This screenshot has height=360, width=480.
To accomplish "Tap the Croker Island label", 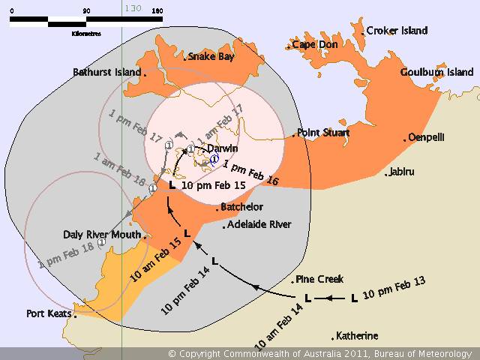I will coord(397,31).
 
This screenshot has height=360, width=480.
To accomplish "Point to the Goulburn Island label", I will coord(436,72).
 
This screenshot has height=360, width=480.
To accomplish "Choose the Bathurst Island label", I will coord(106,72).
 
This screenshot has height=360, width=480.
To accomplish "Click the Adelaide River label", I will coord(259,224).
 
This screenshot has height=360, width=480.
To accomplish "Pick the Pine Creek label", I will coord(319,279).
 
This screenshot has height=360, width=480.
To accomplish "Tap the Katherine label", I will coord(357,335).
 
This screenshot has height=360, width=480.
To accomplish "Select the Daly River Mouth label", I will coord(101,234).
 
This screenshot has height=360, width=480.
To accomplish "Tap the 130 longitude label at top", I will coord(133,8).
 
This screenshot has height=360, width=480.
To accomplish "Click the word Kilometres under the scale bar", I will coord(87,33).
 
